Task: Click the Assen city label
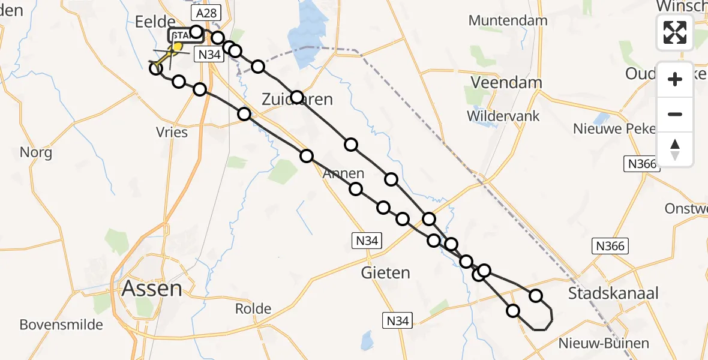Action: [x=152, y=289]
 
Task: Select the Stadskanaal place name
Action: [x=613, y=293]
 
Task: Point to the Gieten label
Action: [x=386, y=273]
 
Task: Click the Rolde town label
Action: [x=253, y=310]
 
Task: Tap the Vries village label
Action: [x=172, y=133]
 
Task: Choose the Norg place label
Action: [x=36, y=152]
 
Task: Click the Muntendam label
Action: [x=508, y=20]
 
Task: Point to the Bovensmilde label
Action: [x=61, y=325]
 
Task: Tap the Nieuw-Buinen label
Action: [x=603, y=344]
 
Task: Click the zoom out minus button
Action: [x=675, y=115]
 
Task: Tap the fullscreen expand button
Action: [x=675, y=32]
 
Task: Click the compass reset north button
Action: [x=675, y=149]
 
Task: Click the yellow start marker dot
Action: [x=178, y=46]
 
